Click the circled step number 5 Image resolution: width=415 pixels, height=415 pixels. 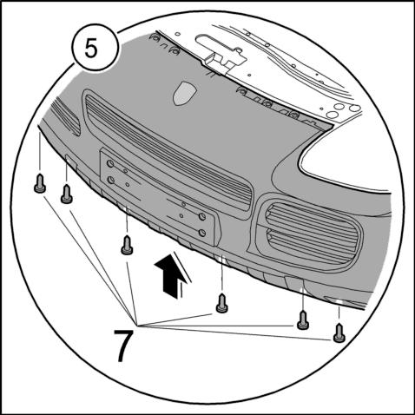click(91, 49)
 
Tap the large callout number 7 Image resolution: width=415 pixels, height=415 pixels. click(123, 346)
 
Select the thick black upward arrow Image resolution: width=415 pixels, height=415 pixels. click(168, 276)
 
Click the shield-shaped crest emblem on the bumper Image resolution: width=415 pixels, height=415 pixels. click(185, 93)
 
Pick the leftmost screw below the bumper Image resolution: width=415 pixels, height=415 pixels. click(40, 183)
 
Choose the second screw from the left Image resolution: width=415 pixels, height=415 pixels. click(67, 194)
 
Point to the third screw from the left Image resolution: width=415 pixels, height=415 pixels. click(127, 245)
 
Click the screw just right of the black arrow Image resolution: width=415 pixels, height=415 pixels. click(221, 303)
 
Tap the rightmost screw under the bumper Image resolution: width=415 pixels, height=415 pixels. click(339, 333)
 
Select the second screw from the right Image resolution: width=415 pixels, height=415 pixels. click(303, 320)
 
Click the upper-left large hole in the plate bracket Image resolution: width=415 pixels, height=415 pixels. click(110, 164)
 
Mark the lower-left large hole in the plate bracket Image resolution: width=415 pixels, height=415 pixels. click(111, 181)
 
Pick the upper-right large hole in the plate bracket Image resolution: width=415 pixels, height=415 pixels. click(202, 216)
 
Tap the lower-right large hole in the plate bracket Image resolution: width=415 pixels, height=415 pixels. click(202, 233)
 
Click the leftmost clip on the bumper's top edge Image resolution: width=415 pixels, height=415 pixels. click(155, 36)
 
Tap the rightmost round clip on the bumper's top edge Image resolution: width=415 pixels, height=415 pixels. click(294, 115)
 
